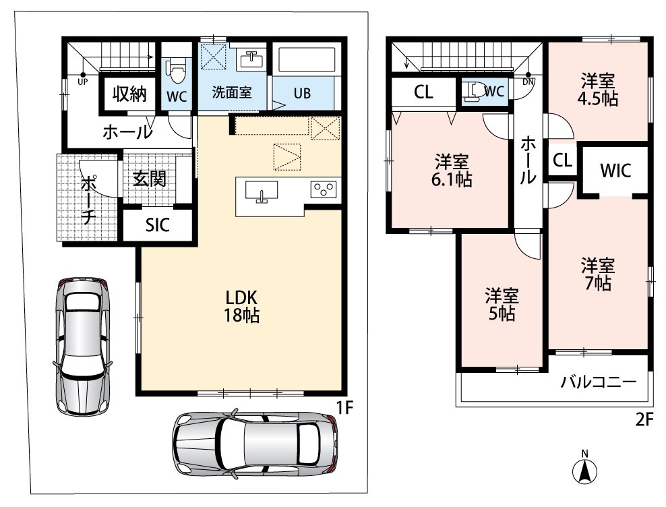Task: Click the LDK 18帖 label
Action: [x=242, y=306]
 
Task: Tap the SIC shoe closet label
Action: [x=158, y=225]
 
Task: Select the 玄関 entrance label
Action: [x=149, y=179]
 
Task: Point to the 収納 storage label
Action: [x=129, y=94]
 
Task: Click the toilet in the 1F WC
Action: [x=177, y=72]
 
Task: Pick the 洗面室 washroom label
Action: [x=232, y=92]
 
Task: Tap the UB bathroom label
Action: [x=302, y=93]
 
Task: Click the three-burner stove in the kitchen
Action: [x=324, y=189]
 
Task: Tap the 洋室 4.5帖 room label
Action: [x=598, y=90]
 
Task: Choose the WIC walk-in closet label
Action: [x=615, y=171]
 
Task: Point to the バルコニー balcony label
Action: [x=599, y=382]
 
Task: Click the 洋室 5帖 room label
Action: [x=502, y=304]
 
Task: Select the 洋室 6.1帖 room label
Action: [x=452, y=171]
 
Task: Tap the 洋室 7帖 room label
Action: [x=598, y=274]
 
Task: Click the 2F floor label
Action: [x=644, y=420]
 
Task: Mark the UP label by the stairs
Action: [x=82, y=82]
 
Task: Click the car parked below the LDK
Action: [x=255, y=442]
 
